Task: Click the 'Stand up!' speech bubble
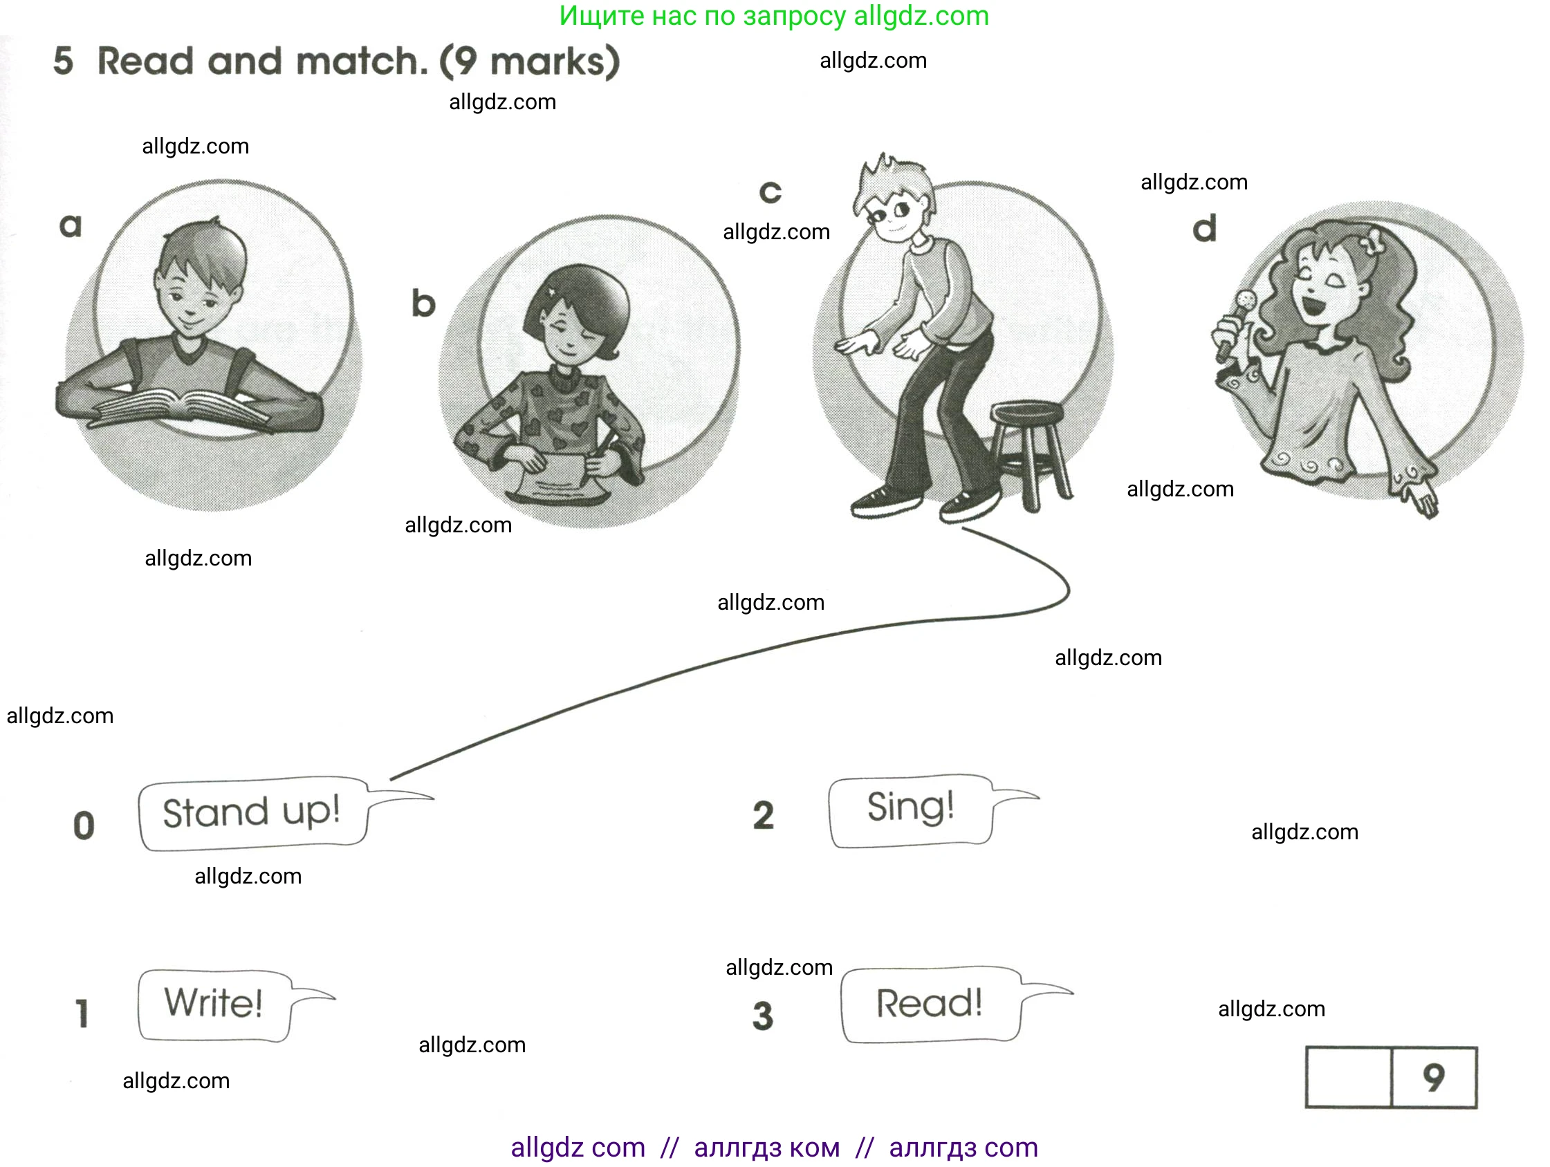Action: [x=252, y=813]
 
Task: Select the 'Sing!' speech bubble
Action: [x=910, y=810]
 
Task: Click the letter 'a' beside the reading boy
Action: [x=71, y=225]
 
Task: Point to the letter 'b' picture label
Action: [x=423, y=304]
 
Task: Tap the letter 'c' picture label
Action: [x=770, y=192]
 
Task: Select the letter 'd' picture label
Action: [x=1205, y=228]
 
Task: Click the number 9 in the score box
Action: [x=1434, y=1077]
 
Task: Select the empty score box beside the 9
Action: [x=1348, y=1078]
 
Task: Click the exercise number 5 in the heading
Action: [x=63, y=61]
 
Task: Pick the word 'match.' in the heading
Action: [x=362, y=62]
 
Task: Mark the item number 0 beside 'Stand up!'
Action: [x=84, y=825]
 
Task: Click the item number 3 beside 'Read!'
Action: [x=762, y=1016]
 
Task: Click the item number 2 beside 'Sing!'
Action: [x=763, y=815]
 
